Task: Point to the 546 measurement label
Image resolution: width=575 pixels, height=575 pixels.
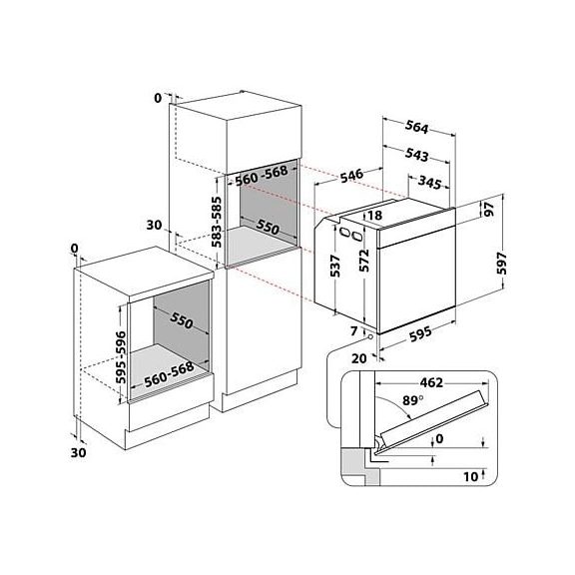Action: [x=349, y=176]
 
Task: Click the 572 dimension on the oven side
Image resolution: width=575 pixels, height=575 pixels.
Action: [x=365, y=261]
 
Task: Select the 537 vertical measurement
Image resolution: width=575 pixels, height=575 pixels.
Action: [x=336, y=266]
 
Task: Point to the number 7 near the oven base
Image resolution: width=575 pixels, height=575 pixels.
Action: [x=353, y=328]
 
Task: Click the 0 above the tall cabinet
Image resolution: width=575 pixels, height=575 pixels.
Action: [x=156, y=98]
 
